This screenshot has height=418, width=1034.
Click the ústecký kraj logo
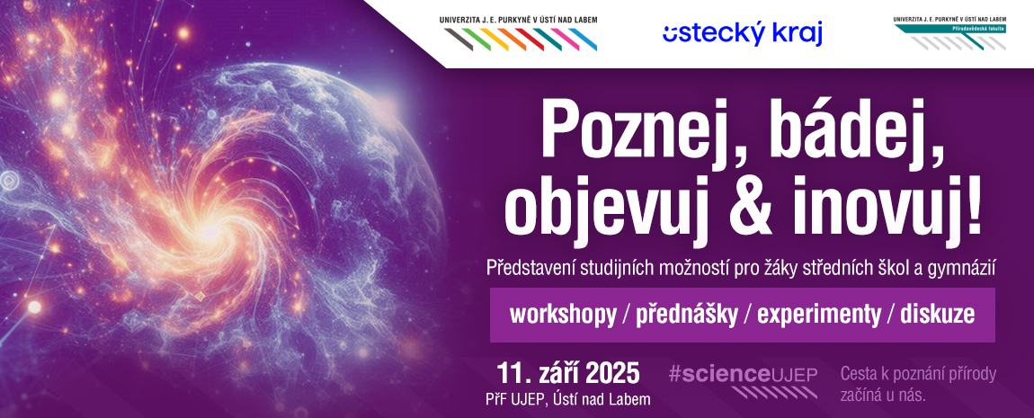(x=743, y=33)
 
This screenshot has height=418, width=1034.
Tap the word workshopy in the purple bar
(x=563, y=316)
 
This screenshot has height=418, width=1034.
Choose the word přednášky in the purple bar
(x=686, y=315)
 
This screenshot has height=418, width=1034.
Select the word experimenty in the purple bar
(x=818, y=316)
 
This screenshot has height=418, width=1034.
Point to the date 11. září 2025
(x=568, y=373)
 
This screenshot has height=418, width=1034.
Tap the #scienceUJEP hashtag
(x=743, y=375)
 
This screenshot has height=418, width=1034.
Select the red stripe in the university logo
(x=530, y=39)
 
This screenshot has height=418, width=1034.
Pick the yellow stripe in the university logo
(x=495, y=39)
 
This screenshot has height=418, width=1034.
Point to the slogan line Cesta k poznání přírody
(x=918, y=375)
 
